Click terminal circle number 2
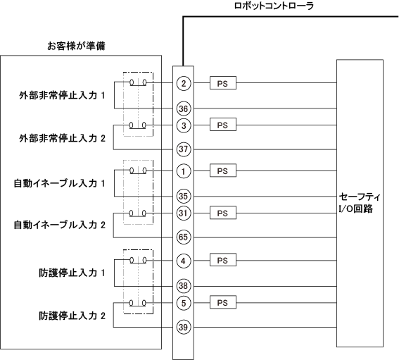[x=184, y=83]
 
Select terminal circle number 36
[x=184, y=108]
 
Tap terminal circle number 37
[x=184, y=149]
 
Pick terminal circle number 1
[x=184, y=171]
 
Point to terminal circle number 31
[x=184, y=213]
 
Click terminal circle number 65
[x=184, y=237]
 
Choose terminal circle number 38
[x=184, y=286]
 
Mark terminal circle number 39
[x=184, y=327]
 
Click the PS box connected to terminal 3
[x=223, y=125]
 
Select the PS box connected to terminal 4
[x=223, y=260]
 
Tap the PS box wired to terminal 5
[x=223, y=302]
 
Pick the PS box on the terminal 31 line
[x=223, y=213]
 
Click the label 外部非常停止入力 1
[x=62, y=96]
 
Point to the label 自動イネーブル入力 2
[x=59, y=225]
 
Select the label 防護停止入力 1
[x=72, y=273]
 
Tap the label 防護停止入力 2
[x=72, y=316]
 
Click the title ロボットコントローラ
[x=274, y=6]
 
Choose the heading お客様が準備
[x=76, y=46]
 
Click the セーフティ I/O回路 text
[x=360, y=203]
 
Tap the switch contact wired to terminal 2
[x=138, y=83]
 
